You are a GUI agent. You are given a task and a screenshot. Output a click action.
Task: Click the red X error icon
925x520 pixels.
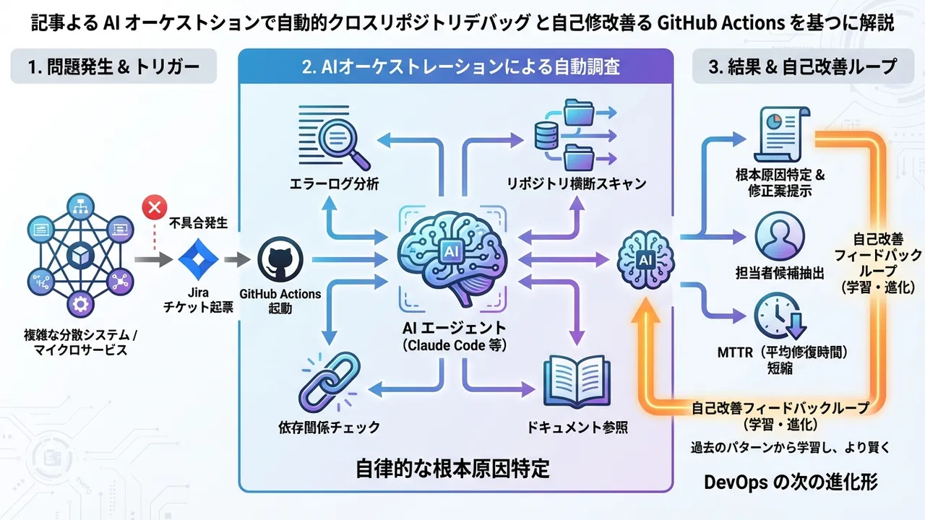click(153, 209)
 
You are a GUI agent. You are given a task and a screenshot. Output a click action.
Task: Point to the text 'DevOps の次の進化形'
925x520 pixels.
click(791, 482)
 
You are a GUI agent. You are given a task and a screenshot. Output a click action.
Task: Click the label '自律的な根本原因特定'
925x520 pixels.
click(452, 469)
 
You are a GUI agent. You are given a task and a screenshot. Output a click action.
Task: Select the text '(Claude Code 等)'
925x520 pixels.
click(454, 346)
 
